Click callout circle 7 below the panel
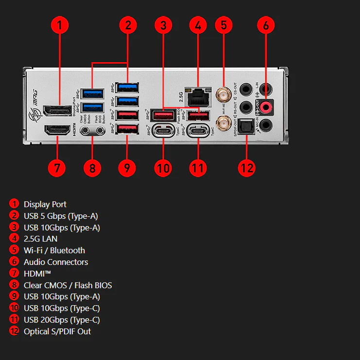pos(57,168)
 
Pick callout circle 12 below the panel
pos(247,168)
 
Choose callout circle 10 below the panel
pos(163,168)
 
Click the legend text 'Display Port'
pos(45,204)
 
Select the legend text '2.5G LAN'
pos(40,239)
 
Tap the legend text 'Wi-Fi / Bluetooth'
pos(54,250)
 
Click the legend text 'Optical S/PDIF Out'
pos(57,331)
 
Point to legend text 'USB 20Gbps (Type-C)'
pos(62,320)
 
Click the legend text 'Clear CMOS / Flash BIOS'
pos(68,285)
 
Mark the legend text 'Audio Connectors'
pos(56,262)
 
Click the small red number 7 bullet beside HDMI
pos(15,274)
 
